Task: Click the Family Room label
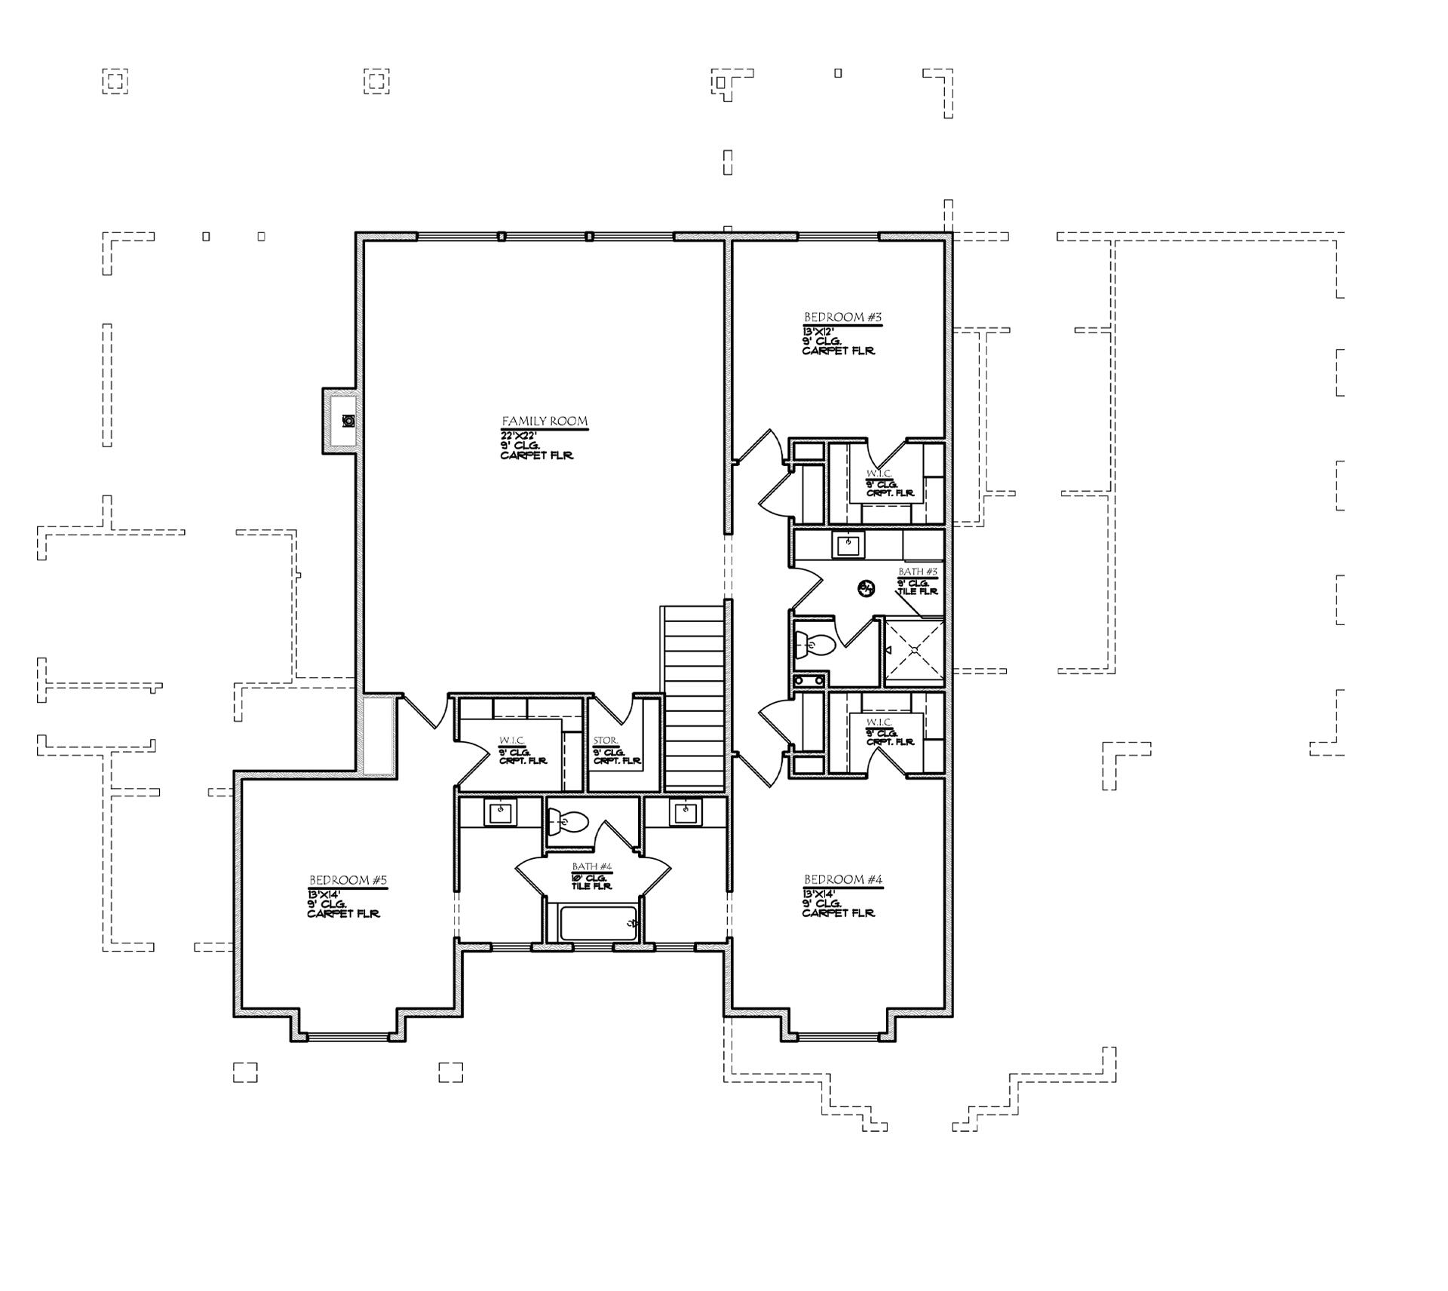click(545, 422)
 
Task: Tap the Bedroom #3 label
click(842, 317)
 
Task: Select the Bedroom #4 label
click(842, 879)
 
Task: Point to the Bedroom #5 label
click(348, 880)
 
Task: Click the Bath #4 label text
click(591, 866)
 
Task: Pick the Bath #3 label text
click(917, 572)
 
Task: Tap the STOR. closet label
click(605, 741)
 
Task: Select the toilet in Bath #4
click(569, 820)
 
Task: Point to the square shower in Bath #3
click(913, 649)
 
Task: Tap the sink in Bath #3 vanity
click(848, 544)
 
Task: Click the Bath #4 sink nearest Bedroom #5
click(499, 814)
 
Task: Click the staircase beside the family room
click(693, 698)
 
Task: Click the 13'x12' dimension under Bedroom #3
click(818, 331)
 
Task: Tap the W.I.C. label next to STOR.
click(511, 741)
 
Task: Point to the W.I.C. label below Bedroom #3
click(879, 474)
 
